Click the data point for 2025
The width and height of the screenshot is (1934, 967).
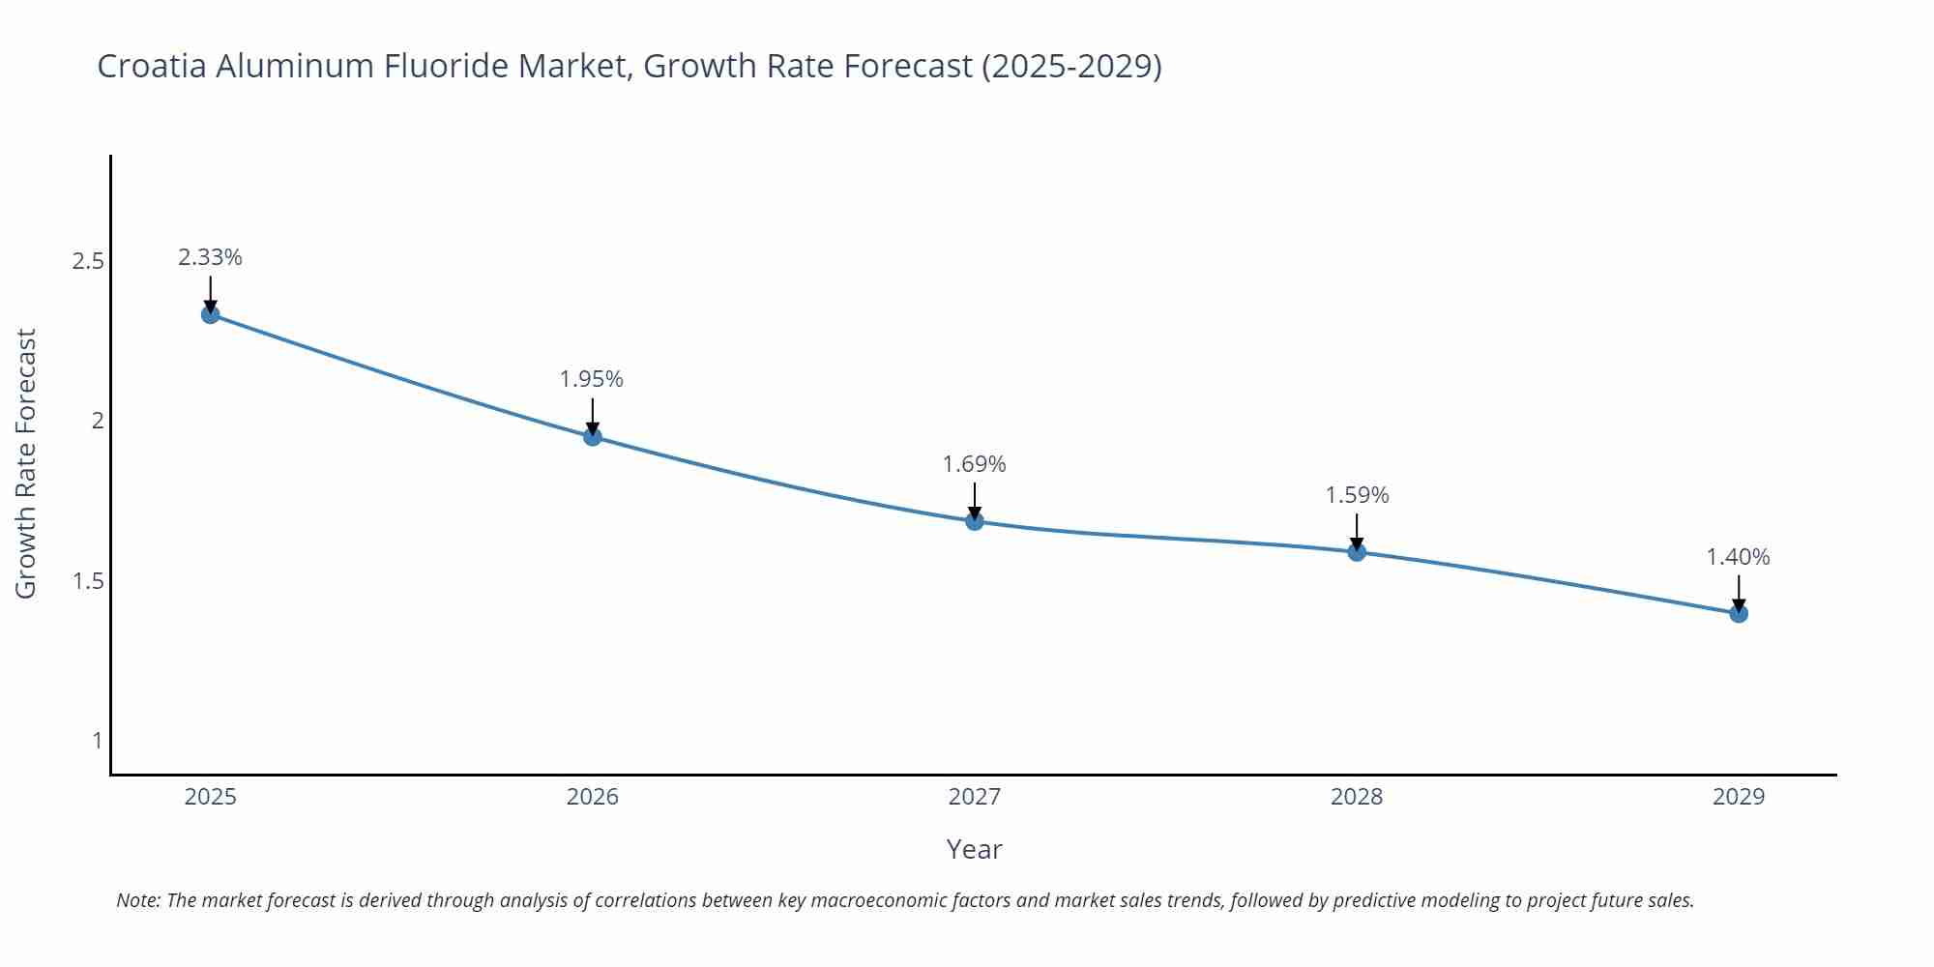tap(211, 314)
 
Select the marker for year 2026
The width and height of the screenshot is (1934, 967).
tap(593, 437)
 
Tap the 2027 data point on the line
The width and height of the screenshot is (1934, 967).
tap(975, 521)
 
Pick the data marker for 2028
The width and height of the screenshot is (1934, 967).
tap(1357, 552)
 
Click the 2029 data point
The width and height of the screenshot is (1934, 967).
tap(1739, 613)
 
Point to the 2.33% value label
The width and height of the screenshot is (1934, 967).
tap(211, 257)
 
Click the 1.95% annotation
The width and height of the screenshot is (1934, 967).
tap(592, 379)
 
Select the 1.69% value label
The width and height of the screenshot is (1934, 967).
tap(975, 464)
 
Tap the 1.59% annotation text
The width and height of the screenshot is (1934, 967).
tap(1357, 495)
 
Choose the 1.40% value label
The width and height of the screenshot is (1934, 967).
tap(1738, 557)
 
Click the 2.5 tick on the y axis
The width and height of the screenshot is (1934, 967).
tap(88, 261)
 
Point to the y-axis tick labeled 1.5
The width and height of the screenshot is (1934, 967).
tap(88, 581)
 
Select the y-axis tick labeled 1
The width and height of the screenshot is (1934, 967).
tap(97, 741)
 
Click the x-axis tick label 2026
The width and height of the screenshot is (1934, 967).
tap(593, 797)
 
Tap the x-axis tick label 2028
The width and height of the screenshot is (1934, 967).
tap(1357, 797)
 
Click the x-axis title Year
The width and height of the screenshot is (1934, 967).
tap(974, 849)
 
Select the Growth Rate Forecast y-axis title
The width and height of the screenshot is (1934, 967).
tap(26, 463)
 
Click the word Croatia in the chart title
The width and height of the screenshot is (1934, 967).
tap(152, 66)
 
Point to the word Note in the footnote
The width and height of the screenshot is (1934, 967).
tap(137, 900)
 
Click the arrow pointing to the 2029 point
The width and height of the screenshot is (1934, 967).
tap(1739, 592)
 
